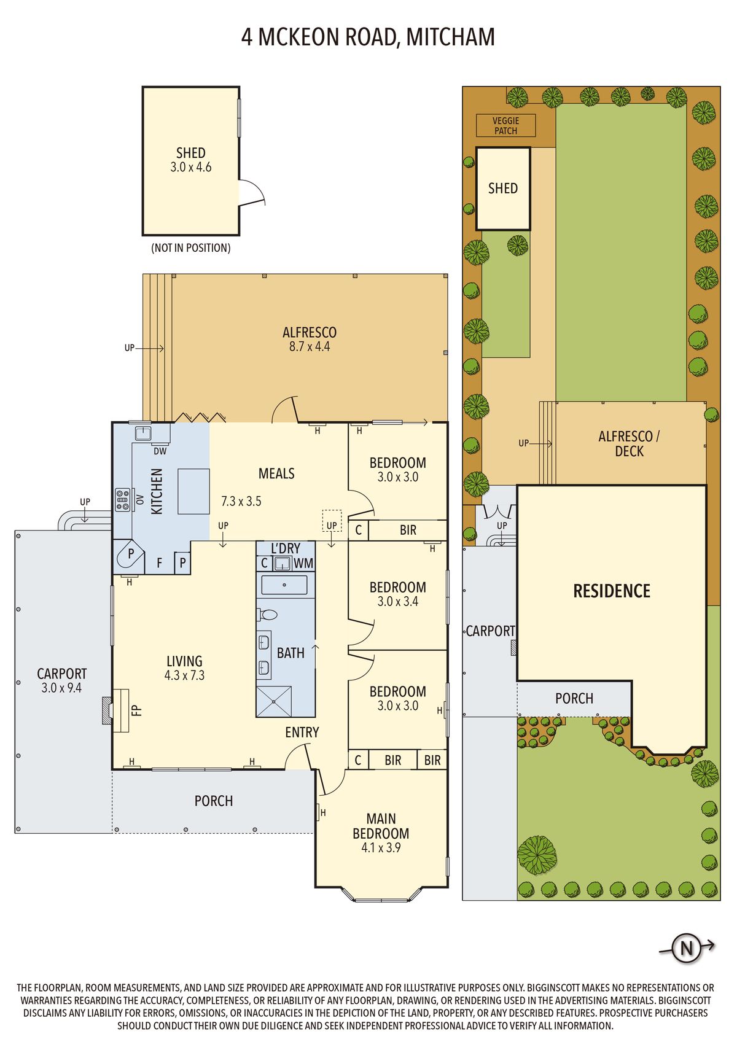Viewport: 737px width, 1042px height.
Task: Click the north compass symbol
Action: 687,947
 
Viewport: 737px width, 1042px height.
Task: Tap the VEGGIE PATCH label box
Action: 505,126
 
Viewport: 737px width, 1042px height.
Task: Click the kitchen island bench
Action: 193,491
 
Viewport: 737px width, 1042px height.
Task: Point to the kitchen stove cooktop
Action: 122,500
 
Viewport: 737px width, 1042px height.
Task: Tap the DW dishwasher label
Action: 160,451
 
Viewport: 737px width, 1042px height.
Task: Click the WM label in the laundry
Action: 303,563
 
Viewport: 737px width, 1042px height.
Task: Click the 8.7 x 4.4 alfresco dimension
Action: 310,346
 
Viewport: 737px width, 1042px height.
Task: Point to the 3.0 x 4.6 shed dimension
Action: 191,167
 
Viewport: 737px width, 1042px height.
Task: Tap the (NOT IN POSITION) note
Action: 191,248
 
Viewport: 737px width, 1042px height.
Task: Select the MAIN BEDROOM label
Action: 381,826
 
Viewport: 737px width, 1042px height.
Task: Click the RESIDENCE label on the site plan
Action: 612,591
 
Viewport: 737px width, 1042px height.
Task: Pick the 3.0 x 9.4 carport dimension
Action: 61,688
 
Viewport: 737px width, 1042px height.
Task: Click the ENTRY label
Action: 302,733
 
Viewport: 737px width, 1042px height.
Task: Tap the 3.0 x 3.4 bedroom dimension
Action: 398,602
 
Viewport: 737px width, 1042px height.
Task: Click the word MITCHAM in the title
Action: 450,37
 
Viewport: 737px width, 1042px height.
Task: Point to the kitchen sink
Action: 143,434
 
